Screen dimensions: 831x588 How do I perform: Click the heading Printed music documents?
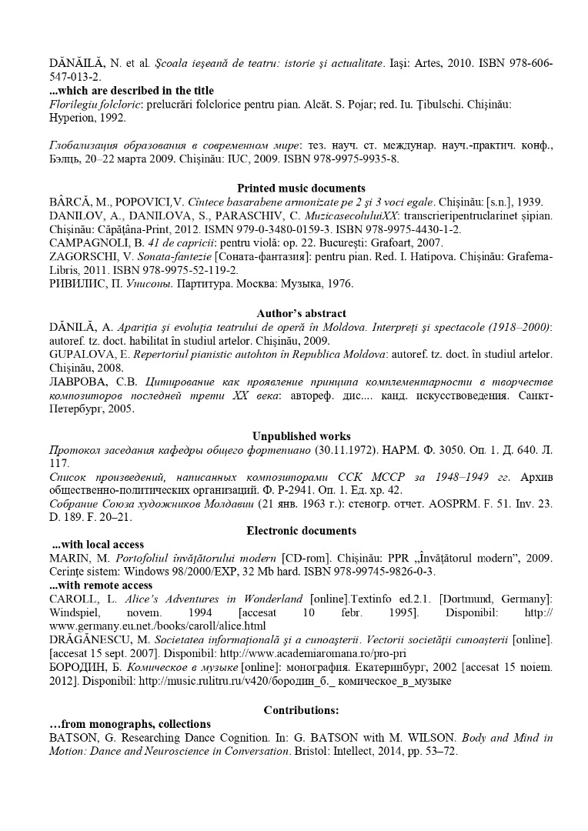click(x=301, y=188)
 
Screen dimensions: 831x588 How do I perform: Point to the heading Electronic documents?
click(x=301, y=530)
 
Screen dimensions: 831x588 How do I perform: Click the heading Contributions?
click(x=301, y=709)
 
